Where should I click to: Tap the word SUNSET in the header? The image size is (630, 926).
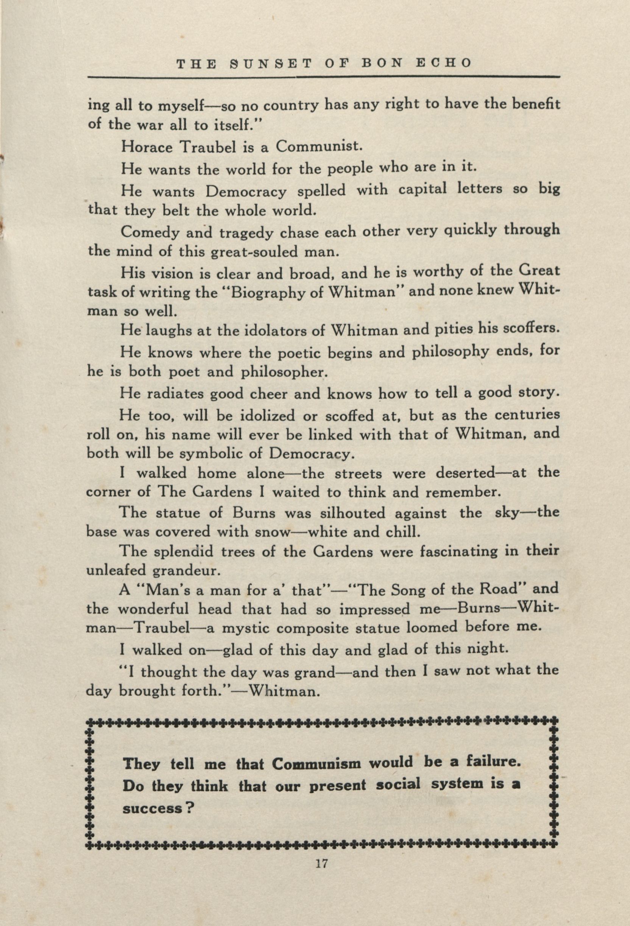(263, 63)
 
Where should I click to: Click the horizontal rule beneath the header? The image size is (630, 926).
(323, 76)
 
